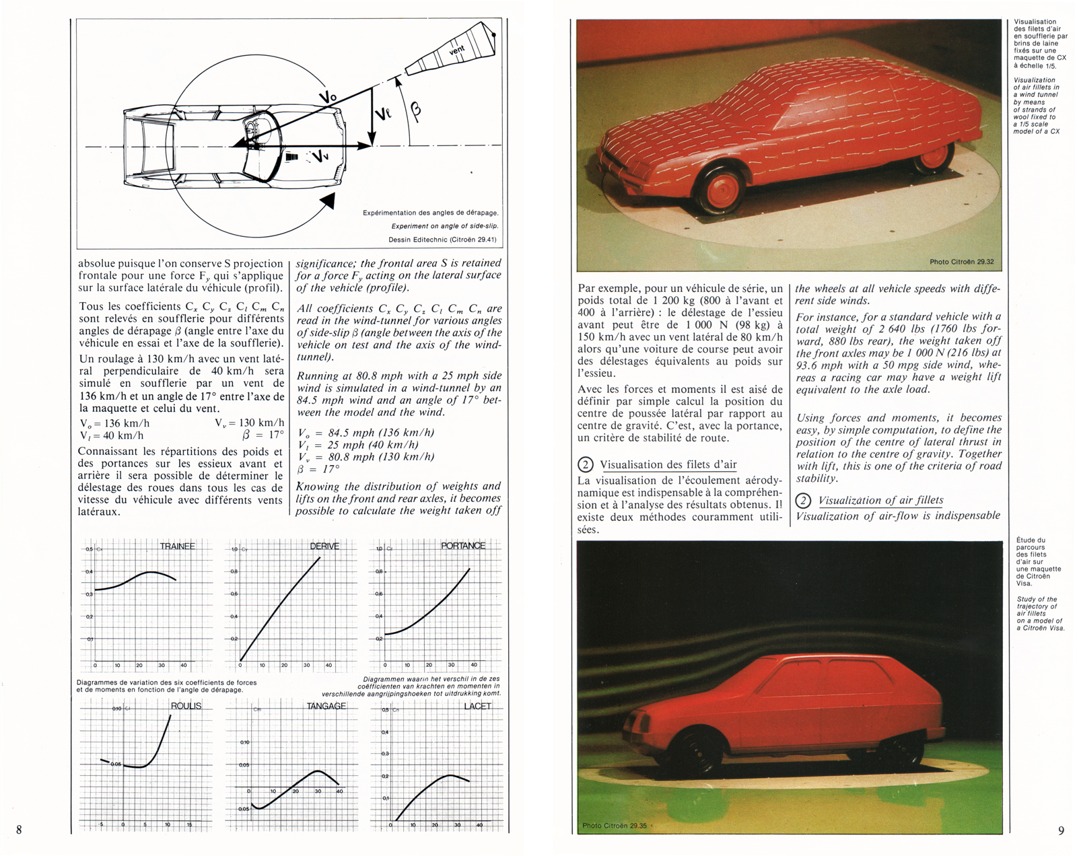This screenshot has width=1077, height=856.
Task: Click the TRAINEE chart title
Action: (x=177, y=546)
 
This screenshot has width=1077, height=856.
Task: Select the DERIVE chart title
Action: (x=324, y=546)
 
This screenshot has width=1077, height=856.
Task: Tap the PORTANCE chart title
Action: (x=463, y=546)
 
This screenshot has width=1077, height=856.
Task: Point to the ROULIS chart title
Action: (x=186, y=706)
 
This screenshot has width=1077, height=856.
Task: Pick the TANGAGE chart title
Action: (x=326, y=706)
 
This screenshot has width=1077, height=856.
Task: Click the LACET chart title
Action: (x=477, y=706)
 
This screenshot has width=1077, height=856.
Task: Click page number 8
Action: (x=19, y=830)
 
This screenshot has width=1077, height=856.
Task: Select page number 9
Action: (x=1062, y=830)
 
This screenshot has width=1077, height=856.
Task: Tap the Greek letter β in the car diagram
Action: (x=415, y=112)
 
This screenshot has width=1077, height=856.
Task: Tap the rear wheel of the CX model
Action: (x=933, y=155)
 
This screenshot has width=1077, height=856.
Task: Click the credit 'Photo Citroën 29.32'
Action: (x=961, y=262)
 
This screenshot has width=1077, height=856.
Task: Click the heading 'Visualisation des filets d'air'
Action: (x=668, y=464)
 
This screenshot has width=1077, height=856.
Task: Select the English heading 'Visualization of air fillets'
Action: (x=880, y=500)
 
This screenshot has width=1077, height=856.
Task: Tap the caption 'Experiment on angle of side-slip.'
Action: (x=445, y=226)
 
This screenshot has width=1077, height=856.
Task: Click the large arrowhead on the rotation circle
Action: (x=328, y=201)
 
